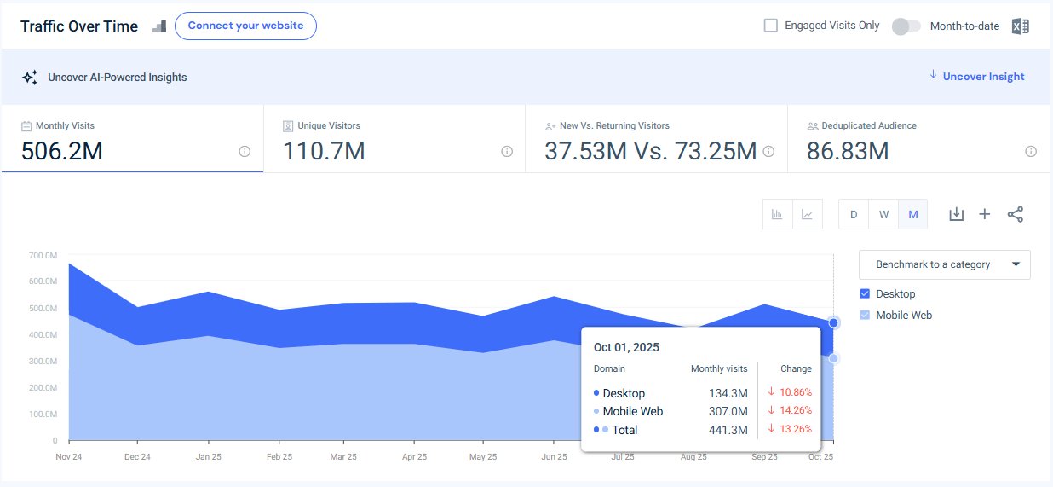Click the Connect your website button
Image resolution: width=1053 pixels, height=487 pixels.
tap(245, 26)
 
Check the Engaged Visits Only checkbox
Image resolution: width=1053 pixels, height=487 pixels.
tap(771, 26)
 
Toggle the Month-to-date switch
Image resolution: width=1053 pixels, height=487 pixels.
tap(906, 26)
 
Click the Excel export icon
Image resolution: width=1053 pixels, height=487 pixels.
tap(1020, 26)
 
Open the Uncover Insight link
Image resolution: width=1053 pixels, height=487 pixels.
tap(983, 77)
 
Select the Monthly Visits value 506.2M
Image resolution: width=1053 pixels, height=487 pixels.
tap(62, 152)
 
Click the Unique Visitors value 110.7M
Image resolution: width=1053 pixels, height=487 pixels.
tap(324, 152)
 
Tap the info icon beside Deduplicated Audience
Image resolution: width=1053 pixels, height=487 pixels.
tap(1031, 152)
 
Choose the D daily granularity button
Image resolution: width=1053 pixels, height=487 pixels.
tap(854, 214)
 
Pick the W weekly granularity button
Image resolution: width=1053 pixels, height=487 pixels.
tap(883, 214)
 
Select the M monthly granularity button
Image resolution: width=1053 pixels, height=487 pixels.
tap(913, 214)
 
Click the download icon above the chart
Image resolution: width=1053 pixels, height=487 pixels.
tap(956, 214)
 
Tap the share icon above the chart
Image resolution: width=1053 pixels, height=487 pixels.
tap(1015, 214)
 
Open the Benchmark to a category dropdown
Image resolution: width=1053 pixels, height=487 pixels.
tap(944, 264)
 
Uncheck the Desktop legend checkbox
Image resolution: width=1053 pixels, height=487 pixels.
tap(866, 294)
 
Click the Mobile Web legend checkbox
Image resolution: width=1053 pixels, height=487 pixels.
tap(866, 316)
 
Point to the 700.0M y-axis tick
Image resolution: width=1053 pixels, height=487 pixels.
tap(43, 256)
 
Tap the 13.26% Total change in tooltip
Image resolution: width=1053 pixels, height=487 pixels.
tap(790, 429)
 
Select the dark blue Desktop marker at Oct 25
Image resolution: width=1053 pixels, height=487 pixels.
tap(833, 322)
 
